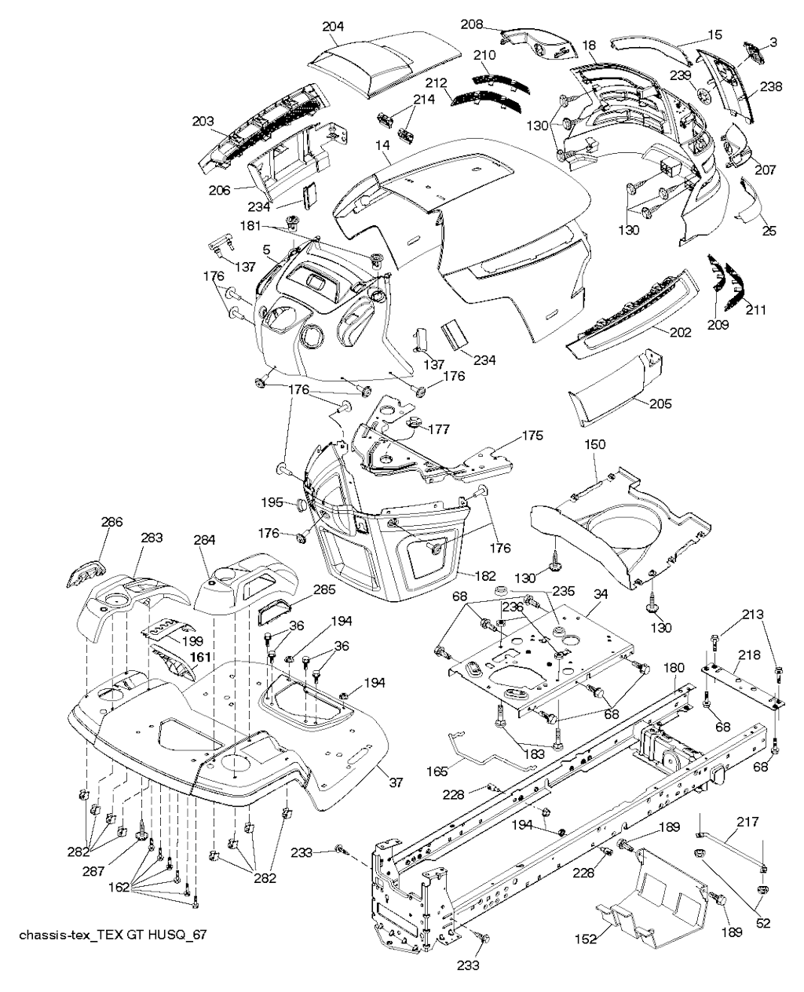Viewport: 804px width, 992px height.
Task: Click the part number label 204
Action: (x=333, y=26)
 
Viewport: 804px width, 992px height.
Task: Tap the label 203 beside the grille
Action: (x=203, y=121)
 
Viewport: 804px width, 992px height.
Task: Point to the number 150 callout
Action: (x=596, y=444)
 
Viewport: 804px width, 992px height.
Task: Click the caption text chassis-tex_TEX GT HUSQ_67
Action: (x=111, y=935)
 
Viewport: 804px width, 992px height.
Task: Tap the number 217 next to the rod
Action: (x=747, y=822)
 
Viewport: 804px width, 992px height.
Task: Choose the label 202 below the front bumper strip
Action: (x=680, y=333)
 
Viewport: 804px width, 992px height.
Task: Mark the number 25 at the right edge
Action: (x=769, y=231)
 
